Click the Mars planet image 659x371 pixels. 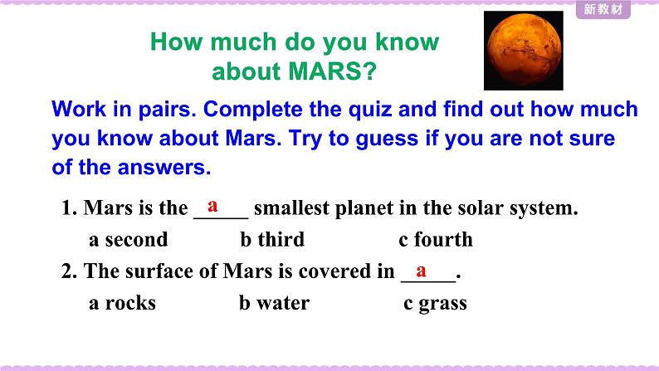(523, 51)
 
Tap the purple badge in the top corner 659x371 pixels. (603, 9)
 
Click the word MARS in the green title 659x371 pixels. (325, 71)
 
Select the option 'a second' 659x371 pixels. (128, 240)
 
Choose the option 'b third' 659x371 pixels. (272, 240)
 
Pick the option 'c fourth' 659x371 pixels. (436, 240)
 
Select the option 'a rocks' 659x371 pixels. (122, 303)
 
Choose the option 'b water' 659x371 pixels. (275, 302)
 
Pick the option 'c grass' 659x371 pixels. (435, 304)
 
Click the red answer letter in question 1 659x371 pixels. (212, 206)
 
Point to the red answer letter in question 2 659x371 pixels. (421, 271)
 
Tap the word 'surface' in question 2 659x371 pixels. (159, 271)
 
